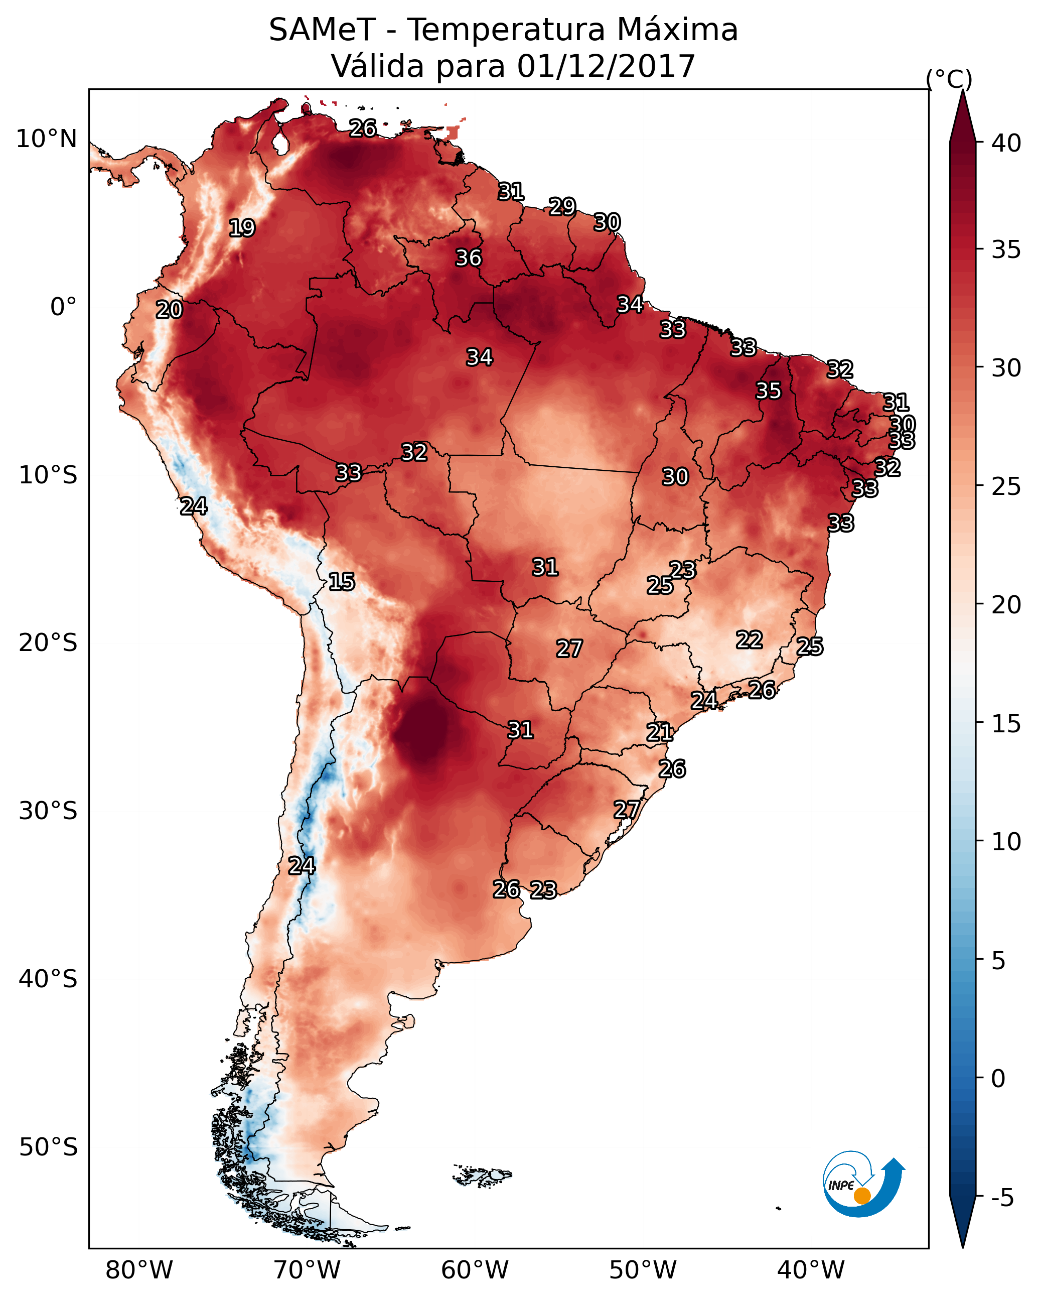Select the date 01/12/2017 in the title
coord(606,66)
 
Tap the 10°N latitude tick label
coord(46,139)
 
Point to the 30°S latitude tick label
coord(48,811)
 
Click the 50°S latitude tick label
coord(48,1147)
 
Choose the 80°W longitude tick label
coord(139,1270)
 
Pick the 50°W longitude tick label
coord(643,1270)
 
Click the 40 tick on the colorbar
coord(1006,143)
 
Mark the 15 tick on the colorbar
coord(1006,724)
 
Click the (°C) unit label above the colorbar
coord(949,79)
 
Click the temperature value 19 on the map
coord(242,228)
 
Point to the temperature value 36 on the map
coord(468,257)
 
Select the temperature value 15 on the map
coord(341,582)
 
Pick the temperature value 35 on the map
coord(769,391)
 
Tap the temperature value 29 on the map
coord(562,206)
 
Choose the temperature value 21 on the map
coord(660,732)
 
